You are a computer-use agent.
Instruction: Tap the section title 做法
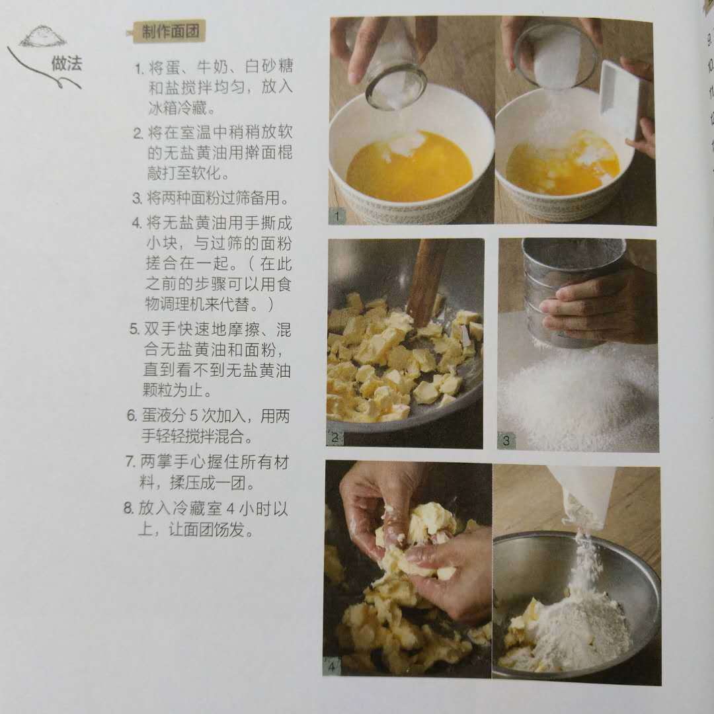[x=67, y=63]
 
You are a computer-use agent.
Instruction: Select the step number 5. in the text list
[x=134, y=329]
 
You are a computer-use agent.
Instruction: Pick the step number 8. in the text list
[x=128, y=508]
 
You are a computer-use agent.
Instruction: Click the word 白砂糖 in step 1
[x=268, y=67]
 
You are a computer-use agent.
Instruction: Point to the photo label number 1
[x=337, y=216]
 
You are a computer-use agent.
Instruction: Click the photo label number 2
[x=335, y=438]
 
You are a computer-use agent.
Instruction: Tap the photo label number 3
[x=506, y=440]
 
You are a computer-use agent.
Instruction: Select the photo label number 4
[x=331, y=668]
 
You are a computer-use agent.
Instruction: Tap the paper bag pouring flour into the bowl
[x=588, y=496]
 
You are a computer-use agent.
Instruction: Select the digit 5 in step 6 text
[x=193, y=416]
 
